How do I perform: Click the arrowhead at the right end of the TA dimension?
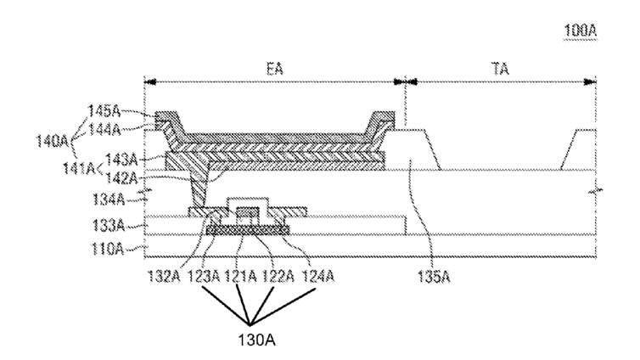593,82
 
